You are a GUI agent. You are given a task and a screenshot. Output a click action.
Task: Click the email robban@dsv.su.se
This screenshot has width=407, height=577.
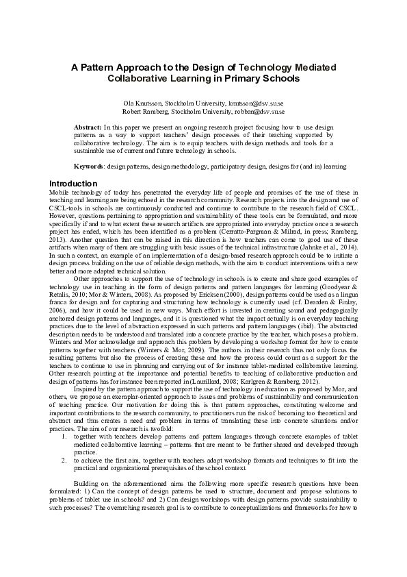(x=259, y=110)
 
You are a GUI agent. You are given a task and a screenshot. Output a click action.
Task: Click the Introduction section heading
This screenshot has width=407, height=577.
(x=73, y=184)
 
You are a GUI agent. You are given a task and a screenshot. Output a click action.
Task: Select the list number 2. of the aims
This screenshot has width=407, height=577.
(x=64, y=442)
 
